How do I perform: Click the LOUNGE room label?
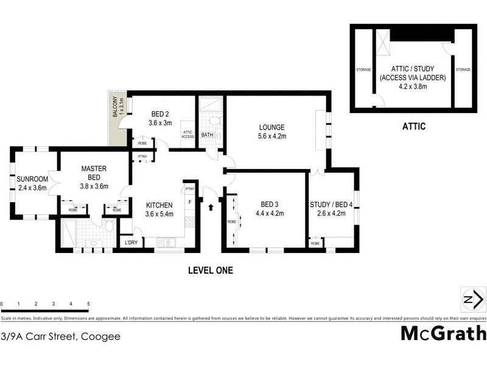pos(272,127)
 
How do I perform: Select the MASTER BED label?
pos(94,172)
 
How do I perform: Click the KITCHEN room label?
pos(159,205)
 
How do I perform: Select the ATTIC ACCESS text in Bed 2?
pos(187,134)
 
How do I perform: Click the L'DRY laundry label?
pos(130,243)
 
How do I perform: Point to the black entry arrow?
pos(211,208)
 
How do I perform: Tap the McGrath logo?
pos(443,334)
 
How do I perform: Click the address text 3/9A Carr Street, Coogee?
pos(61,336)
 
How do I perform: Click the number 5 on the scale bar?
pos(88,303)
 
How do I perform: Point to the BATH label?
pos(208,135)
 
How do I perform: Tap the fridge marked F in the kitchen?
pos(190,201)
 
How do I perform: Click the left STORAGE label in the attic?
pos(363,70)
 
